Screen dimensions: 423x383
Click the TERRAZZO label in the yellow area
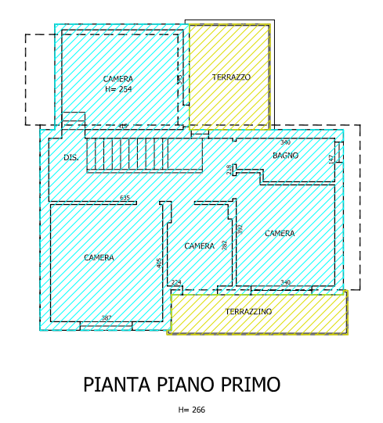(x=231, y=77)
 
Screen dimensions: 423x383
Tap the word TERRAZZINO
(x=248, y=312)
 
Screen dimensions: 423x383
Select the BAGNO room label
(x=285, y=156)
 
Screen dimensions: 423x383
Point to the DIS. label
(x=70, y=158)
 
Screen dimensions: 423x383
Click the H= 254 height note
(x=118, y=89)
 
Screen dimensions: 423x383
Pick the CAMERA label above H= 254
(x=118, y=79)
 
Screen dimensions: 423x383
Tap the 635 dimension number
(x=125, y=198)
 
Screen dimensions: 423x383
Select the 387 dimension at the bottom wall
(x=107, y=317)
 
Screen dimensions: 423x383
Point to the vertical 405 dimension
(x=160, y=263)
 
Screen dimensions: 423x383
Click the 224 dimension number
(x=176, y=282)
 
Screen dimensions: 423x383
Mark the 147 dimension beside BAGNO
(x=331, y=158)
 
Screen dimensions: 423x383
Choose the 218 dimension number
(x=229, y=170)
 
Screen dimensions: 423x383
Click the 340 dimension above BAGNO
(x=285, y=142)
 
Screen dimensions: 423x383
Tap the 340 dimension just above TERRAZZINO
(x=285, y=282)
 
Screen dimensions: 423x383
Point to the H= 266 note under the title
(x=191, y=410)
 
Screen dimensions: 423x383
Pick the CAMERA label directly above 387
(x=99, y=258)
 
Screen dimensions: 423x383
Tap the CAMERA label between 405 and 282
(x=199, y=246)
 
